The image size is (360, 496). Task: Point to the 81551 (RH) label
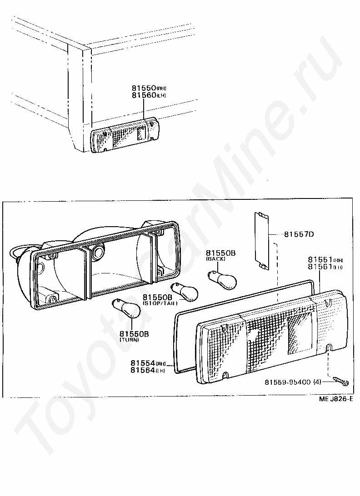point(321,259)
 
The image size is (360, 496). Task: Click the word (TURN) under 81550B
point(130,340)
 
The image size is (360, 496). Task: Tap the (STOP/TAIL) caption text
point(160,303)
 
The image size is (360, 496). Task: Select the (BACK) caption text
point(215,258)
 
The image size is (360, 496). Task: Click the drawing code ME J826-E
point(335,399)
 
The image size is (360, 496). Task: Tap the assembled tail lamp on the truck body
point(125,136)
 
